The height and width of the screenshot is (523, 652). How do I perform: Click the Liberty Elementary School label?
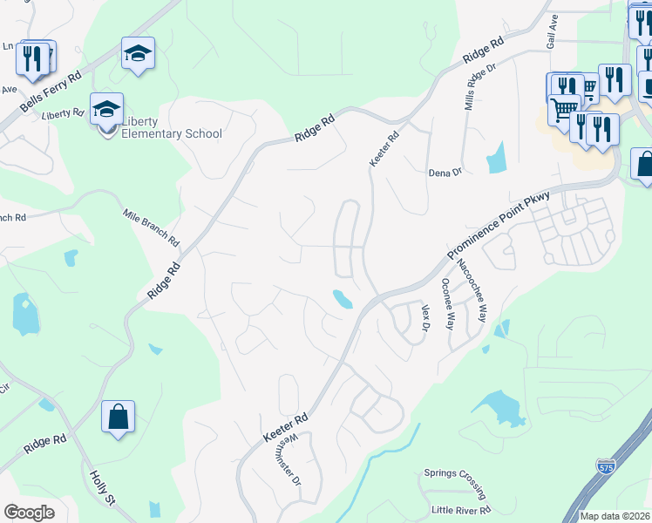pos(171,127)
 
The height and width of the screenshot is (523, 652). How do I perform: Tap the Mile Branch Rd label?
pos(151,227)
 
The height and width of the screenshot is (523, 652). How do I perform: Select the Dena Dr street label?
pos(445,173)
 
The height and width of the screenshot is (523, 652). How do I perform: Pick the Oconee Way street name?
pos(448,304)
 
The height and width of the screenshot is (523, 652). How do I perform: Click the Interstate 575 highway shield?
pos(607,466)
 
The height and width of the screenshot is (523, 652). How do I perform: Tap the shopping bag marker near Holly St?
pos(118,418)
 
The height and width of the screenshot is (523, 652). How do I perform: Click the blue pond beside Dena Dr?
pos(498,157)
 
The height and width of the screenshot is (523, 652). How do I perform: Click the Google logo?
pos(29,513)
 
